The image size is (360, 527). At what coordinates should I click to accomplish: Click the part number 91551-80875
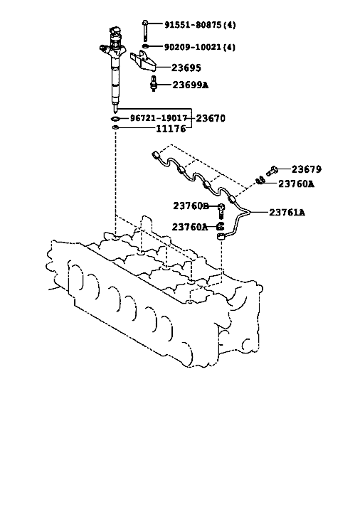click(193, 24)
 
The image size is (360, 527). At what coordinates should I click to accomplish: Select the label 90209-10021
click(193, 47)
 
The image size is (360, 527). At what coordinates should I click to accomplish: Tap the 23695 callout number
click(186, 68)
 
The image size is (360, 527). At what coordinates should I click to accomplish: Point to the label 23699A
click(190, 85)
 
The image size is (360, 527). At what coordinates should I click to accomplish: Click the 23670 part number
click(211, 118)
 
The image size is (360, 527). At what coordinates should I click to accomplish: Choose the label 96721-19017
click(159, 118)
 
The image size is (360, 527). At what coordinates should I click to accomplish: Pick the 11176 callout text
click(171, 129)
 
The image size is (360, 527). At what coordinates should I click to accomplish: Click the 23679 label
click(306, 169)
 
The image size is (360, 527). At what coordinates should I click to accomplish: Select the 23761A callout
click(287, 213)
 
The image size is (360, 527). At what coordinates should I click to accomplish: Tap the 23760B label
click(191, 206)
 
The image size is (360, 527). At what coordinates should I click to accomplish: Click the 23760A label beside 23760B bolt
click(190, 227)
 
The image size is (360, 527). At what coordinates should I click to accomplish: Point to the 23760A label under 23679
click(296, 183)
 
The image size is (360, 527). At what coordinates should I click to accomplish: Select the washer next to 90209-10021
click(146, 46)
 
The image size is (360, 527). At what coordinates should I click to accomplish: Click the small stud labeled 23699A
click(154, 84)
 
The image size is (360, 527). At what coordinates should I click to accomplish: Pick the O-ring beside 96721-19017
click(115, 118)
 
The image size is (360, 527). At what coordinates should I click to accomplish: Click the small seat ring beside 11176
click(115, 128)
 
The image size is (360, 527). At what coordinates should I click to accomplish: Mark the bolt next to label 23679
click(271, 171)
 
